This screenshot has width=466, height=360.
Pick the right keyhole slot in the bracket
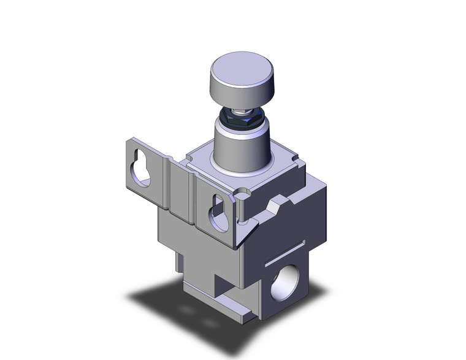(218, 211)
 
